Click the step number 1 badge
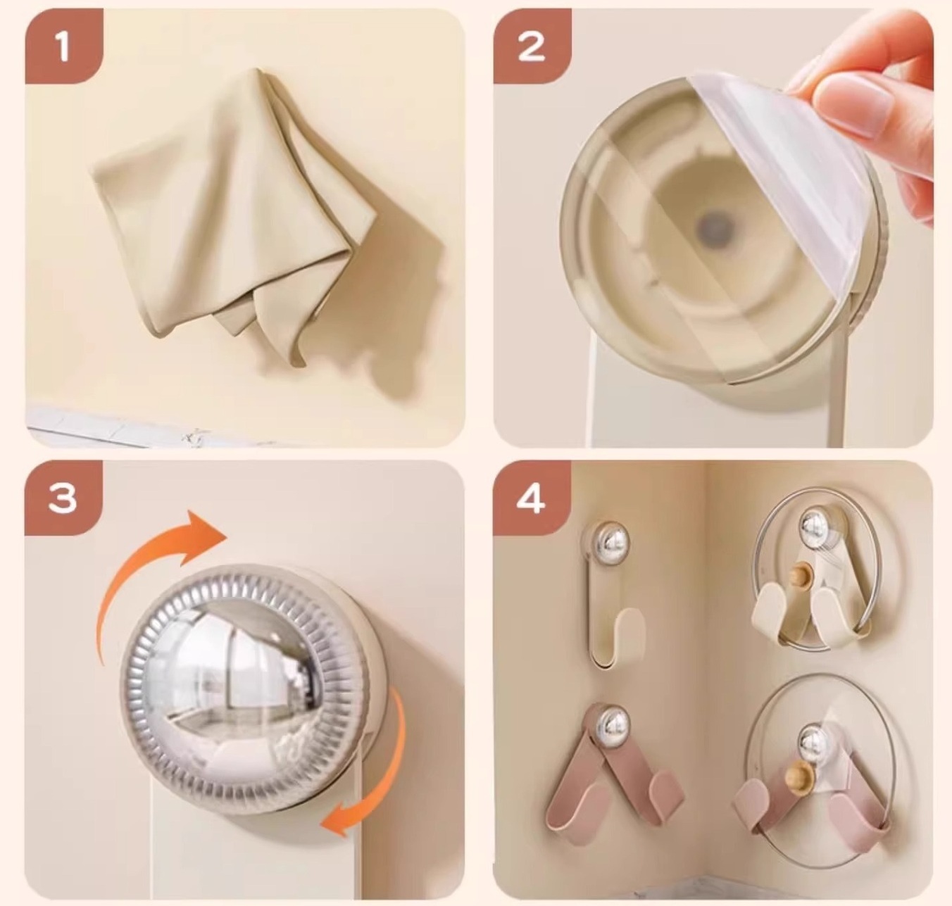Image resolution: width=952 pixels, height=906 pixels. (63, 46)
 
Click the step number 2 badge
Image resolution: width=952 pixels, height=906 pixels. (532, 46)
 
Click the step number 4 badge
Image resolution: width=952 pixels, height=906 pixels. (532, 498)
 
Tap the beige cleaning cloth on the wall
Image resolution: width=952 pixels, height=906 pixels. (232, 213)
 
